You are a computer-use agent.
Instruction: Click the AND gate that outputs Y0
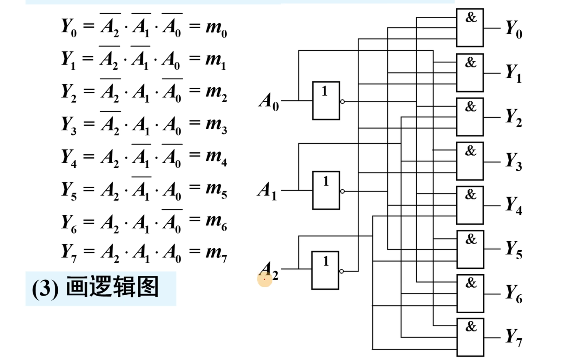470,28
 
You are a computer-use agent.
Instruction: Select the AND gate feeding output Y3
470,161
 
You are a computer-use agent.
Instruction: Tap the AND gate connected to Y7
470,337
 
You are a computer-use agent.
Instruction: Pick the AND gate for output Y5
470,249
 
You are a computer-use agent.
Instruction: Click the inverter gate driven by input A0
326,101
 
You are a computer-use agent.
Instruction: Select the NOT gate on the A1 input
326,190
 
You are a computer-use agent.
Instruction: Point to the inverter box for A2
325,270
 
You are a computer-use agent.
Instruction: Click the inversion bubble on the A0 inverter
342,102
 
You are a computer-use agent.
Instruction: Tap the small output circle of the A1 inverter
342,191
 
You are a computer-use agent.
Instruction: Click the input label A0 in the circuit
268,101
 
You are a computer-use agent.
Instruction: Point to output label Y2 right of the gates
514,117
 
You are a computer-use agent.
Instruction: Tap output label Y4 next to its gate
514,206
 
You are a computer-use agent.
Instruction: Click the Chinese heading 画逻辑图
112,288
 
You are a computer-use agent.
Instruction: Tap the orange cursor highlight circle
265,279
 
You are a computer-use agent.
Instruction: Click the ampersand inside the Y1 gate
471,62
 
